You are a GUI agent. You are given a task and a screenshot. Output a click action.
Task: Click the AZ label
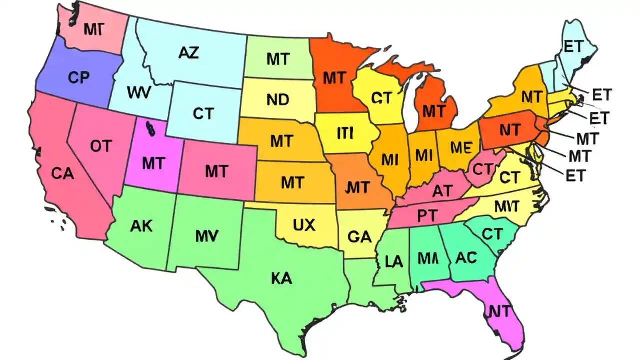[x=188, y=52]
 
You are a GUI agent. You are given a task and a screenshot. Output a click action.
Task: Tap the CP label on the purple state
[x=78, y=78]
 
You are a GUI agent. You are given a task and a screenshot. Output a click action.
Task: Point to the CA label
[x=63, y=173]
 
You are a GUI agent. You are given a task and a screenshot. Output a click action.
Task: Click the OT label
[x=101, y=146]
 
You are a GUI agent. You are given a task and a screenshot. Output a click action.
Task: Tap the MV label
[x=206, y=236]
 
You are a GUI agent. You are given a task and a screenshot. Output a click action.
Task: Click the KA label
[x=282, y=279]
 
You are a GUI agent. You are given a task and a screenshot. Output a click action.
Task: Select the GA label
[x=359, y=237]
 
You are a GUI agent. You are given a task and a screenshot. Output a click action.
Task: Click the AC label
[x=466, y=257]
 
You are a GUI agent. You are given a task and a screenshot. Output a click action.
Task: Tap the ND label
[x=278, y=100]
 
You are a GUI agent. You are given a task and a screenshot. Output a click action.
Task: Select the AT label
[x=441, y=191]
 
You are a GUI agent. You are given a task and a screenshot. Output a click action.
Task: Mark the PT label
[x=427, y=215]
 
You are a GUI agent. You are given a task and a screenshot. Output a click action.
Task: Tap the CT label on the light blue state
[x=203, y=114]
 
